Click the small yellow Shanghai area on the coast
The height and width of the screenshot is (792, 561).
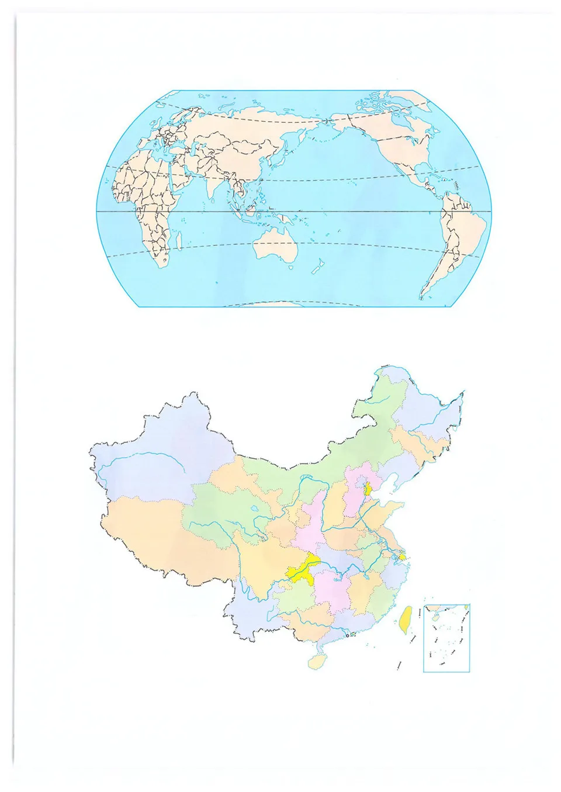[402, 557]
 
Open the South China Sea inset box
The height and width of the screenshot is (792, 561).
[446, 638]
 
